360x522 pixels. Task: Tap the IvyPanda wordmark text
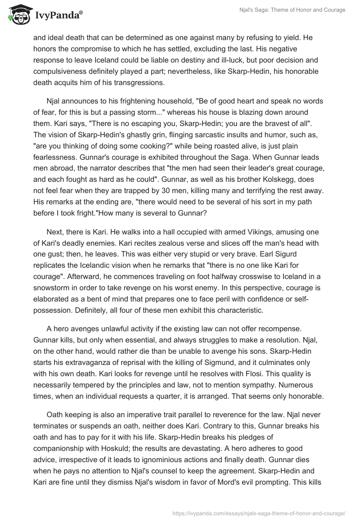[x=58, y=15]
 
